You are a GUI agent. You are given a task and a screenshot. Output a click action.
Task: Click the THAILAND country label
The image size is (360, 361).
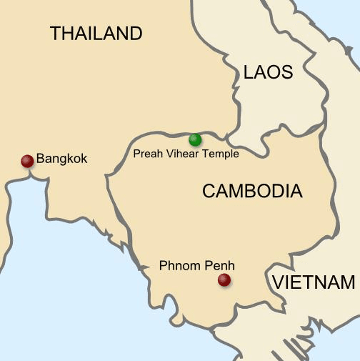96,33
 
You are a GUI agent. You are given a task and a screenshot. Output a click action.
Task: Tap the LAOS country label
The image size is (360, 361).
268,72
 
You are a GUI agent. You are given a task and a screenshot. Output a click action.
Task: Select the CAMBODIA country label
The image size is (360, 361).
252,191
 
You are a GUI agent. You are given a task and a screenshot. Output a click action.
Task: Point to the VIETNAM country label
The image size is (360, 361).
313,282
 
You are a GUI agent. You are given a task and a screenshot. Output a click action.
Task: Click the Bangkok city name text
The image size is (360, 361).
61,159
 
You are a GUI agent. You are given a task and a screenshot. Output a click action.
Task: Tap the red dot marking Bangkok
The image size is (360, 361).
27,161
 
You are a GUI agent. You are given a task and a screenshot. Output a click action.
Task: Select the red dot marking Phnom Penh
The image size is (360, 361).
224,280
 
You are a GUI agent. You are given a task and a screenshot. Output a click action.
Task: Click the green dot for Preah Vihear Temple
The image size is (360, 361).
195,139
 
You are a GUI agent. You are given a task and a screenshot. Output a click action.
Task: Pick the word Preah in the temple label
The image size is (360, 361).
146,154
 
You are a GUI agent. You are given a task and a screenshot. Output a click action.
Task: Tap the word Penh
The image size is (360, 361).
218,265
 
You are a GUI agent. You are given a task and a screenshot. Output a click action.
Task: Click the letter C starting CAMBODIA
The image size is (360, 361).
209,191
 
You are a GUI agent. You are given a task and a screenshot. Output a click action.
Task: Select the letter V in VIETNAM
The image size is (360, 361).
277,282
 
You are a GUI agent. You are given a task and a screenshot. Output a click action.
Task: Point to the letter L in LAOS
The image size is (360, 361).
248,72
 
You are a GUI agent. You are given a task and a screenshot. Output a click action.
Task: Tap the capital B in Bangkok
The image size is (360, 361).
41,159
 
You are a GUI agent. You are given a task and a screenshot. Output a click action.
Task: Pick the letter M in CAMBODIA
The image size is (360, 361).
238,191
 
